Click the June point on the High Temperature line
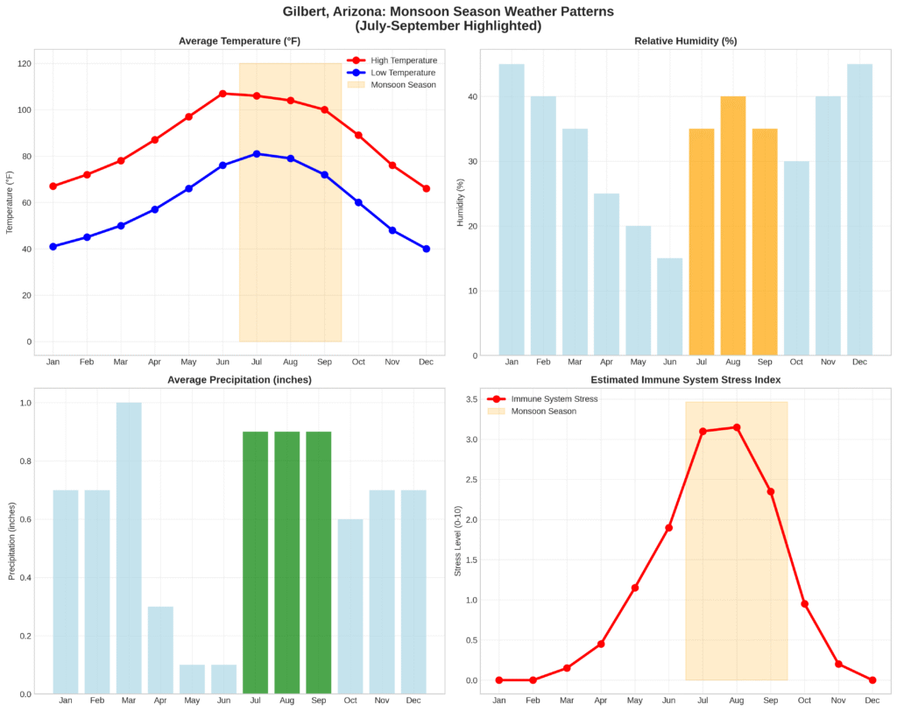[222, 94]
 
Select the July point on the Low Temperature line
[257, 154]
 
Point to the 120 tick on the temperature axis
[24, 64]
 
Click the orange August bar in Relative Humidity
[732, 226]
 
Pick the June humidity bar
[669, 306]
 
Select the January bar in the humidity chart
[512, 210]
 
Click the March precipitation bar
[129, 548]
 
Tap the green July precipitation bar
[255, 563]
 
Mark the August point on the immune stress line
[737, 427]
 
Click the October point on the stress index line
[804, 604]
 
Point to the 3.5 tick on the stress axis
[470, 400]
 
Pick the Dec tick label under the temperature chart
[426, 361]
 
